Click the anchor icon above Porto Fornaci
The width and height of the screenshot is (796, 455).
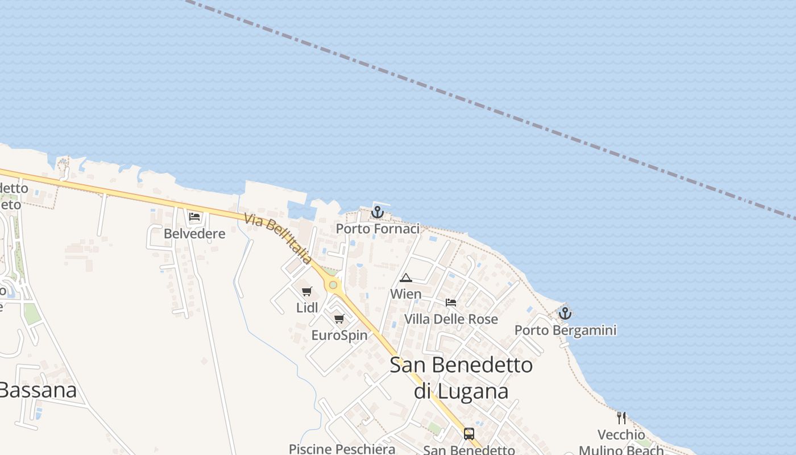click(x=377, y=213)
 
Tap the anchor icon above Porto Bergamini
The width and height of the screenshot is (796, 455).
click(x=565, y=313)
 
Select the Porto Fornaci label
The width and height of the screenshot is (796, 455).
click(x=378, y=229)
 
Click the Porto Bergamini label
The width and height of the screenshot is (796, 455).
click(x=565, y=330)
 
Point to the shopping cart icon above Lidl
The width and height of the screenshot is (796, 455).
click(x=307, y=292)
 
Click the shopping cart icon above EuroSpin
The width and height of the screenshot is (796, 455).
click(x=339, y=319)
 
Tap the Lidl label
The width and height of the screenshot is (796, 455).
click(x=307, y=308)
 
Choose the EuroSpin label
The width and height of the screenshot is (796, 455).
click(x=339, y=336)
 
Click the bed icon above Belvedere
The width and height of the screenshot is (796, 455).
click(x=194, y=217)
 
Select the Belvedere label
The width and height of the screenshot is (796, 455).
click(x=194, y=234)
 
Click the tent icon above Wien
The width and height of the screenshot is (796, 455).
click(x=405, y=278)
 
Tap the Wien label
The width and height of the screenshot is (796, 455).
click(x=405, y=294)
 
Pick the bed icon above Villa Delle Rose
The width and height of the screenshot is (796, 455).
click(x=451, y=303)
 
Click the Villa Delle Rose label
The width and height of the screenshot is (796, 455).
click(x=451, y=319)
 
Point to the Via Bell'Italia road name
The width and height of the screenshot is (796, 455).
click(x=278, y=239)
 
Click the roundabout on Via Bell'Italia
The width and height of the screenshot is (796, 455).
click(x=333, y=285)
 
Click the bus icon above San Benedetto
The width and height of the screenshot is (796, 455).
click(x=469, y=434)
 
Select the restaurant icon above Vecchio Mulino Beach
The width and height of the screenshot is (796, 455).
click(x=621, y=418)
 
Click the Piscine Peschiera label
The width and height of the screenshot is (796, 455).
click(x=342, y=449)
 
